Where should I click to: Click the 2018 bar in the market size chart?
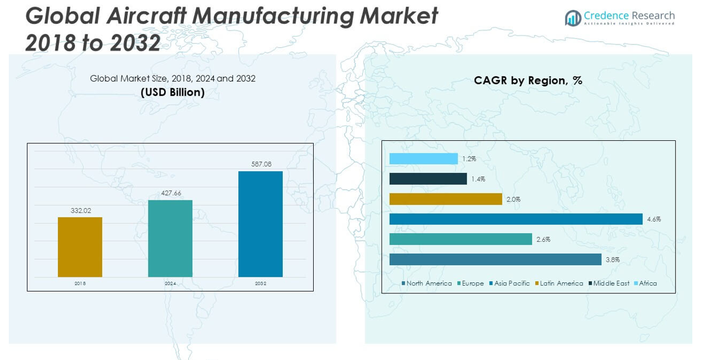pyautogui.click(x=80, y=247)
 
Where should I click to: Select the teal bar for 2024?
pyautogui.click(x=170, y=238)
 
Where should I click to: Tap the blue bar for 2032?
pyautogui.click(x=261, y=224)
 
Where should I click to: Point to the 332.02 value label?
pyautogui.click(x=81, y=210)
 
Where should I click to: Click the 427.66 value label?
pyautogui.click(x=170, y=193)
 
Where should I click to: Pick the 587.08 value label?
pyautogui.click(x=261, y=164)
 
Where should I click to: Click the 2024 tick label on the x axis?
pyautogui.click(x=170, y=283)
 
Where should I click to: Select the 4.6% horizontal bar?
pyautogui.click(x=516, y=219)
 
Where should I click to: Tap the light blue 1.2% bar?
pyautogui.click(x=424, y=159)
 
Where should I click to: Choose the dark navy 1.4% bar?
pyautogui.click(x=428, y=179)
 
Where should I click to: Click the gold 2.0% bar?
pyautogui.click(x=446, y=199)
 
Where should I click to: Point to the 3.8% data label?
pyautogui.click(x=612, y=259)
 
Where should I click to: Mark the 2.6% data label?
pyautogui.click(x=543, y=240)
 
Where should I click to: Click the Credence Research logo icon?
pyautogui.click(x=573, y=18)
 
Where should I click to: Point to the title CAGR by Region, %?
pyautogui.click(x=528, y=81)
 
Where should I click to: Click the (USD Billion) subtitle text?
pyautogui.click(x=172, y=92)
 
